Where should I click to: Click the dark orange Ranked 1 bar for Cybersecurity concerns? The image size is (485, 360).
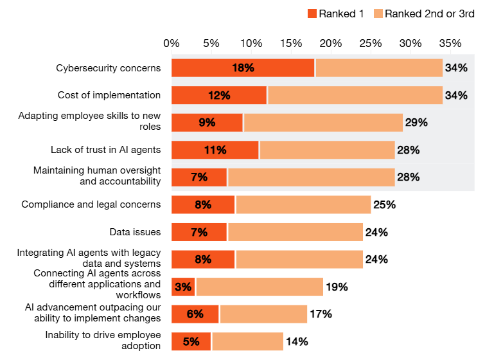tap(243, 67)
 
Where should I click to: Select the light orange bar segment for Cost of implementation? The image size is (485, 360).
tap(355, 95)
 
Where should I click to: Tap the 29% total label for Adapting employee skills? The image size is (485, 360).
tap(416, 123)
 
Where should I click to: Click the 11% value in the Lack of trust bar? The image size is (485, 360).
tap(215, 150)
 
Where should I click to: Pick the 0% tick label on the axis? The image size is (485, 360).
tap(172, 43)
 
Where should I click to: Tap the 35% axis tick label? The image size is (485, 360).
tap(450, 43)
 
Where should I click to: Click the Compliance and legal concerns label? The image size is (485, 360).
tap(91, 204)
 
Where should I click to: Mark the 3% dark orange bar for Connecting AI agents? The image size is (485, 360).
tap(183, 287)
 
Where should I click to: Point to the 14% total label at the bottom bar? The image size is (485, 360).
tap(297, 341)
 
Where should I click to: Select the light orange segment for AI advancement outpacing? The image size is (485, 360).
tap(263, 314)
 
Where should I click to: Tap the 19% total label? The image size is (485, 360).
tap(337, 287)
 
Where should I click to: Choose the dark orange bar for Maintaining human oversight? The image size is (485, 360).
tap(199, 177)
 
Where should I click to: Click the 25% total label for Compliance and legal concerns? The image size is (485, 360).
tap(384, 205)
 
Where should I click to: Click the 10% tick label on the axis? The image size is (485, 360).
tap(251, 43)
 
